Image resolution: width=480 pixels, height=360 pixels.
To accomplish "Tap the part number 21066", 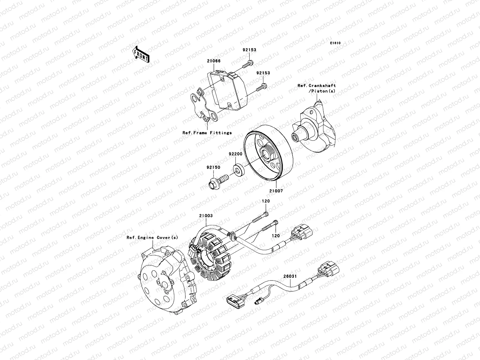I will pyautogui.click(x=214, y=61).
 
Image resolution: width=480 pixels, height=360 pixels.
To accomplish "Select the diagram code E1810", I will pyautogui.click(x=335, y=43).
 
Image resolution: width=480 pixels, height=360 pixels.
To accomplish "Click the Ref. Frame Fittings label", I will pyautogui.click(x=207, y=133).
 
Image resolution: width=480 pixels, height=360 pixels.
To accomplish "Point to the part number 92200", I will pyautogui.click(x=235, y=154).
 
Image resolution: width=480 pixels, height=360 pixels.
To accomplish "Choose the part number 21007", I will pyautogui.click(x=276, y=191).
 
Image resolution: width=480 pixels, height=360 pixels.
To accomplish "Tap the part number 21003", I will pyautogui.click(x=205, y=216).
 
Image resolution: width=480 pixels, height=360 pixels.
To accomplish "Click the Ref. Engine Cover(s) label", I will pyautogui.click(x=152, y=238).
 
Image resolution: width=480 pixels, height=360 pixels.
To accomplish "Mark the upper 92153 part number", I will pyautogui.click(x=250, y=50).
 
